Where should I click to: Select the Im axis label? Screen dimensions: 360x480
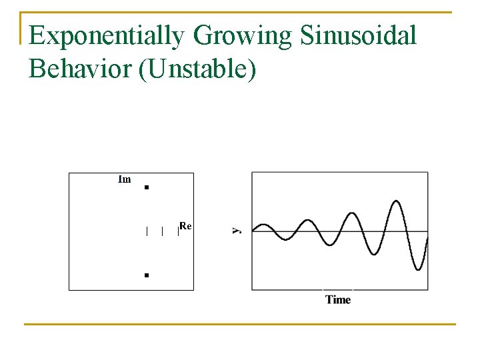coord(124,179)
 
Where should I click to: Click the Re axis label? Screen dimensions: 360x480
coord(185,226)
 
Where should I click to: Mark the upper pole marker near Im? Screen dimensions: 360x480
coord(146,188)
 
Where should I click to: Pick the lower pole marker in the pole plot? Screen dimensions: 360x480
coord(146,275)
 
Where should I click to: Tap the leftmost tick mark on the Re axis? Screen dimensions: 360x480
coord(147,231)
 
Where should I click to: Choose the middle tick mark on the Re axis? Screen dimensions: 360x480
coord(162,231)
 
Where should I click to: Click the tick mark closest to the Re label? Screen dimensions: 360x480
coord(178,231)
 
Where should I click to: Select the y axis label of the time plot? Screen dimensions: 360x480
coord(236,229)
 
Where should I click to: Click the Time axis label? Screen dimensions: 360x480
coord(338,299)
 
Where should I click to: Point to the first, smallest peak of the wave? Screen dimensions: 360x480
coord(264,225)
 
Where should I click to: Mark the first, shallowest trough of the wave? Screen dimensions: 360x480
coord(285,239)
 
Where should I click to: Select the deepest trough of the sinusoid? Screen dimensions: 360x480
coord(418,269)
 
